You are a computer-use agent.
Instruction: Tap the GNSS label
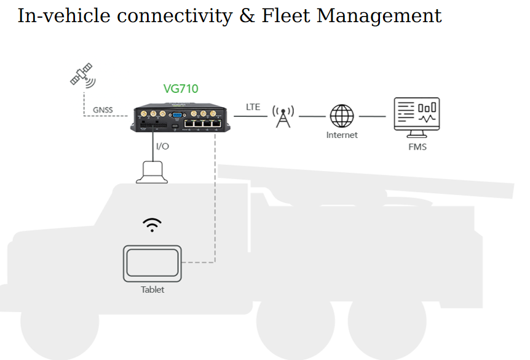[103, 111]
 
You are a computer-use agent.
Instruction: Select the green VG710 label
[181, 89]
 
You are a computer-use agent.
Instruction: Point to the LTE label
[253, 107]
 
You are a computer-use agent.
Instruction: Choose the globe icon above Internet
[342, 116]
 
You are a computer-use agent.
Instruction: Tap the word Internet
[342, 135]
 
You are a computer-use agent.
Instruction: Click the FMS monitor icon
[416, 116]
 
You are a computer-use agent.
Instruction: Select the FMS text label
[417, 147]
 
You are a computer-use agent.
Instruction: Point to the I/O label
[162, 146]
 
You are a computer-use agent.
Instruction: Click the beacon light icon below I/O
[151, 172]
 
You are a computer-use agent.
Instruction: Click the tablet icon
[152, 263]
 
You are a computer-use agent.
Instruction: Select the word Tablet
[152, 289]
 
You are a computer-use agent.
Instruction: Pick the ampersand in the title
[247, 15]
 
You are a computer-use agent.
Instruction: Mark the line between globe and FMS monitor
[373, 116]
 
